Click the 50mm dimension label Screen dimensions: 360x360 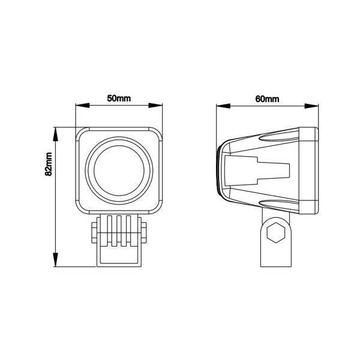click(119, 98)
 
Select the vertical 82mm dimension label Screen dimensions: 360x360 click(49, 164)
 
